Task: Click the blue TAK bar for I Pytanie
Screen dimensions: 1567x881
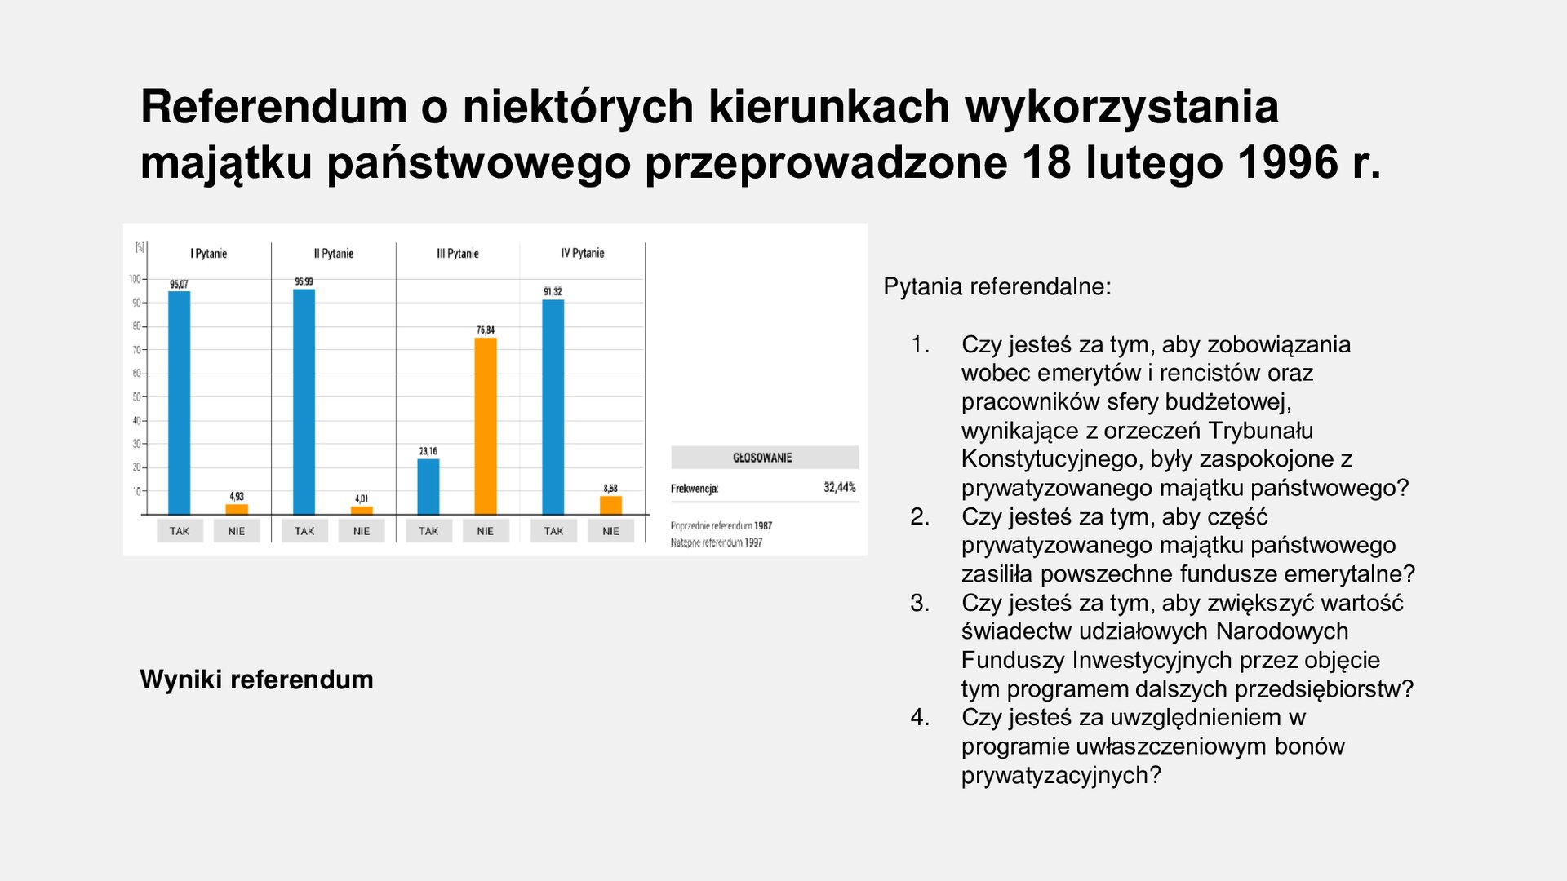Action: click(x=179, y=403)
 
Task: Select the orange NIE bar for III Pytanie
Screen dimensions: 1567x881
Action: click(x=486, y=426)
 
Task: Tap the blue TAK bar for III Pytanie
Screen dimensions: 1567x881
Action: click(x=428, y=486)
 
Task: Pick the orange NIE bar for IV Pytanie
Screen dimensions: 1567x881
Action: click(x=610, y=505)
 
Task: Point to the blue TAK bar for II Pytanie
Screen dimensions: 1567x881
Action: click(x=304, y=401)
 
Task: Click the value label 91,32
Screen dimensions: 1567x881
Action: click(x=553, y=291)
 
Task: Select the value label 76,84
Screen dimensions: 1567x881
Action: click(x=486, y=330)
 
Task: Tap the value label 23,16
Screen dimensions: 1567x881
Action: click(x=428, y=451)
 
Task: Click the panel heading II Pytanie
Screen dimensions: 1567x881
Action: click(x=334, y=254)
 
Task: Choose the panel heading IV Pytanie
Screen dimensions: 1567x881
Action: click(x=583, y=253)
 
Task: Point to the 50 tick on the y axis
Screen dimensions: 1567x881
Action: click(x=136, y=397)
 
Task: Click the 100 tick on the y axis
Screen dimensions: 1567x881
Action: click(x=135, y=279)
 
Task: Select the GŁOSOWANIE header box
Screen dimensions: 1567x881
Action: click(x=764, y=458)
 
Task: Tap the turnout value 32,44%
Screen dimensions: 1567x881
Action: click(x=839, y=488)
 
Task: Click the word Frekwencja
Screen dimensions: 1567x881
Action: click(x=695, y=489)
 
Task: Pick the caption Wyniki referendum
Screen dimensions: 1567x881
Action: click(x=256, y=680)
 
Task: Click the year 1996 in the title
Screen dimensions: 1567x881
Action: click(x=1288, y=162)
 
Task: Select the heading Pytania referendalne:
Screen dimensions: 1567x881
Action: click(x=997, y=287)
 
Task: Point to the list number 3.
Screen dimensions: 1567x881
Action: click(x=920, y=603)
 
